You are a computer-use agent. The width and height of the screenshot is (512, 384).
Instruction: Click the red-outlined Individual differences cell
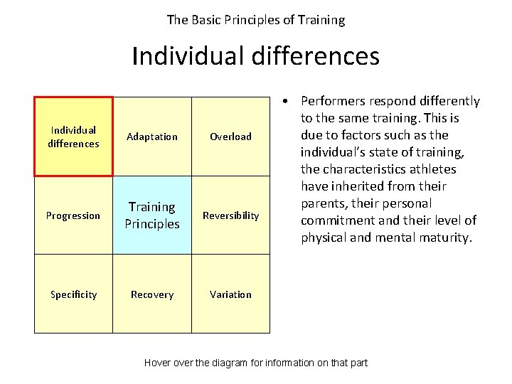73,137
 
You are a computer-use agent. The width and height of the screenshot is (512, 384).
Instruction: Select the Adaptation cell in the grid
152,137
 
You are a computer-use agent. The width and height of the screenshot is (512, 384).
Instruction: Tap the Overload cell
230,137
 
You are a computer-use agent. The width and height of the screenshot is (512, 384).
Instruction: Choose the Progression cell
73,215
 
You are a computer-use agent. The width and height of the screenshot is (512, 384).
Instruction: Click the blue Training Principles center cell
152,215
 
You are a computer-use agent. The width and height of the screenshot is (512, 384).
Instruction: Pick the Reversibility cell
230,215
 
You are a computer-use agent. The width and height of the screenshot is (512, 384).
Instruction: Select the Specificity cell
73,294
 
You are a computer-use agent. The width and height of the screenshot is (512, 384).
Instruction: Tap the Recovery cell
152,294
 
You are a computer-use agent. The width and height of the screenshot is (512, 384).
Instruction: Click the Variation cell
230,294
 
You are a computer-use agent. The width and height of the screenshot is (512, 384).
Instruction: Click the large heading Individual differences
255,56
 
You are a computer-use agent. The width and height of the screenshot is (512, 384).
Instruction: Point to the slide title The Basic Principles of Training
255,20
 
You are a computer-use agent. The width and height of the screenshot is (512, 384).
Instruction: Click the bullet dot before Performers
284,101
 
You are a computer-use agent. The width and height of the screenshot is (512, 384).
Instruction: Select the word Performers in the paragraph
333,101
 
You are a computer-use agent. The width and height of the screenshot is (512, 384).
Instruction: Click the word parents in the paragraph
322,203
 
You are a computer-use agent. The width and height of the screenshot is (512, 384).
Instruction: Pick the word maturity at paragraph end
444,238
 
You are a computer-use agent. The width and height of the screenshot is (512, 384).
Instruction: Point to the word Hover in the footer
158,363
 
